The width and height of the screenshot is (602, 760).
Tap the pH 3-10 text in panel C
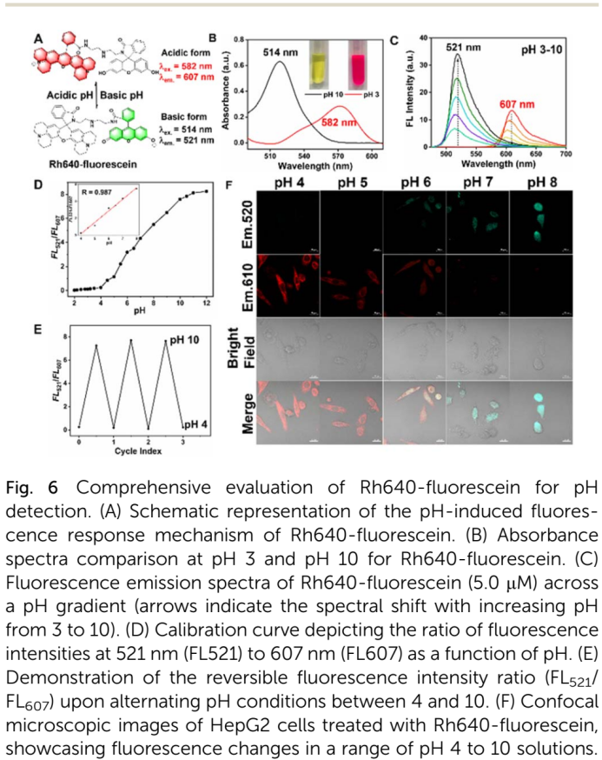tap(541, 51)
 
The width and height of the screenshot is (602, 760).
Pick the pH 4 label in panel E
tap(192, 423)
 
